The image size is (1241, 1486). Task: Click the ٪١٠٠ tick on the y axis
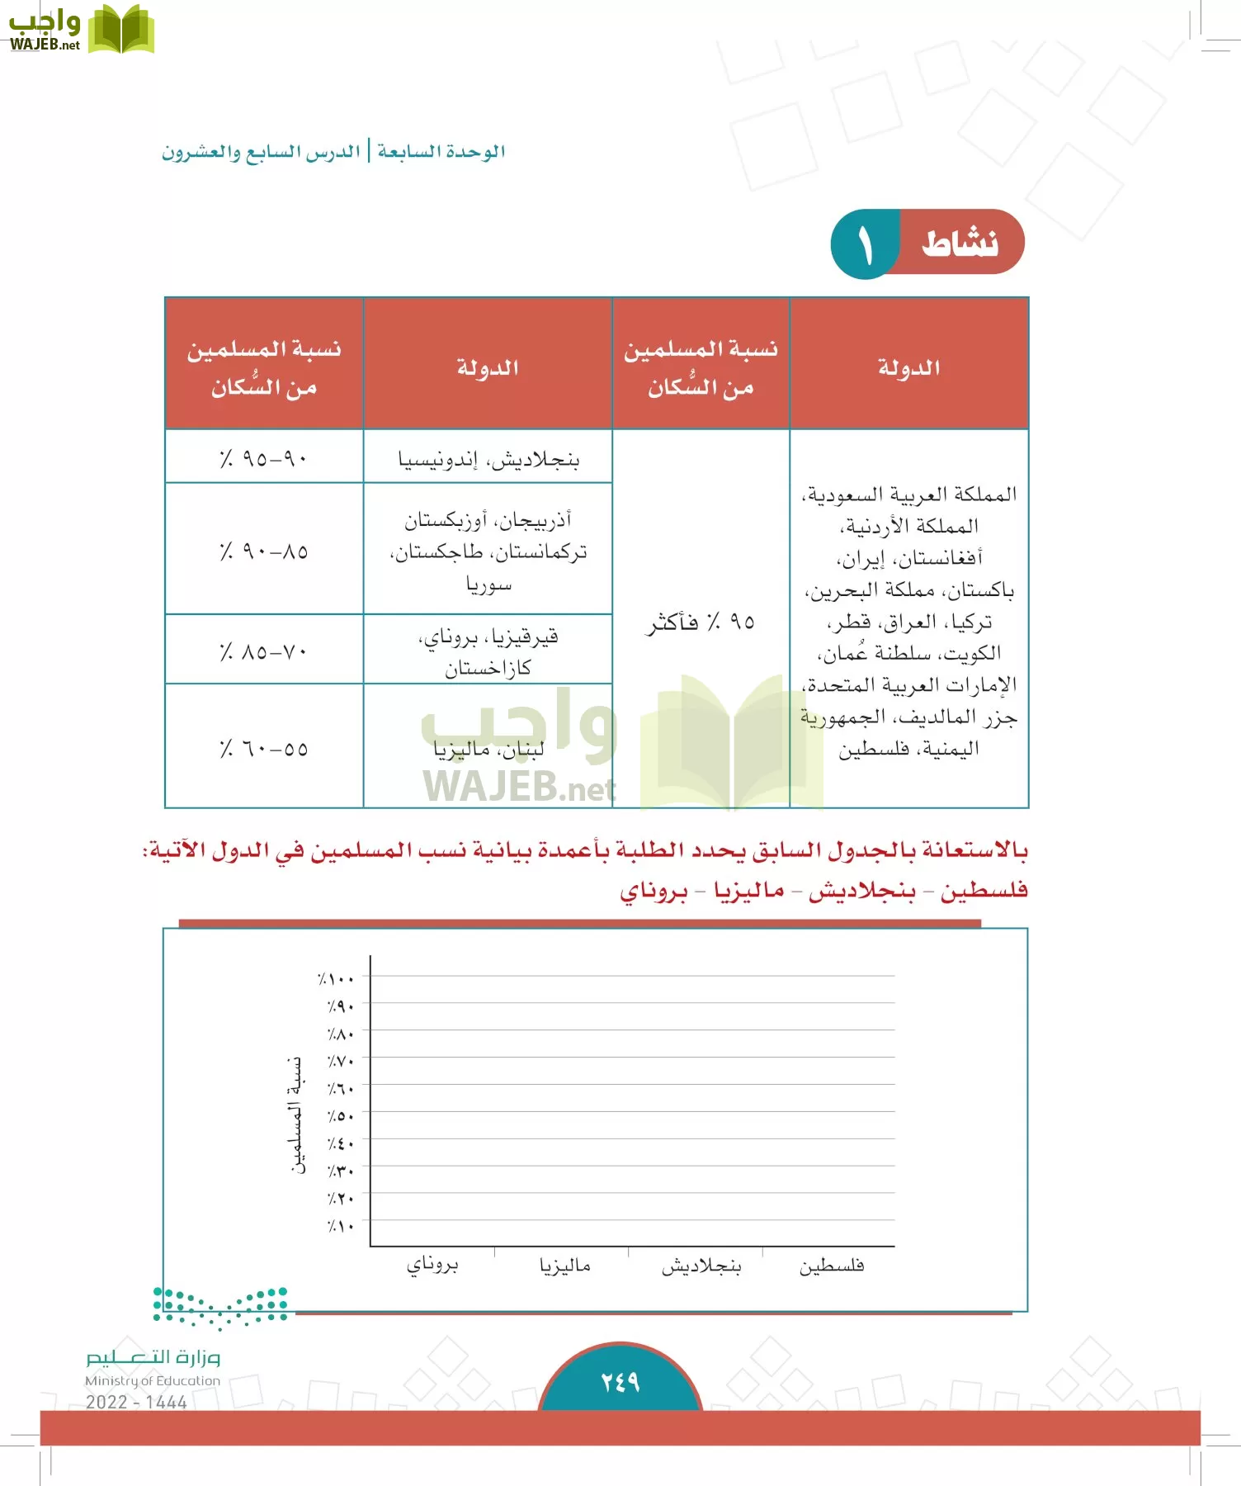337,979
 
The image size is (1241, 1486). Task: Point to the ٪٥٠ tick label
340,1116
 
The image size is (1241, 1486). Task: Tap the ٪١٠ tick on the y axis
340,1226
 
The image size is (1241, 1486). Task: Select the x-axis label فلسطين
831,1266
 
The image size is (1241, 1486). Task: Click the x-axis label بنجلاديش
701,1266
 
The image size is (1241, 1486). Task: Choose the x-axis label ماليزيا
565,1266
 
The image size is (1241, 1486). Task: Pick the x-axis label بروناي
432,1265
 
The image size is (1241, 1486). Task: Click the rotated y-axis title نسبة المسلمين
296,1114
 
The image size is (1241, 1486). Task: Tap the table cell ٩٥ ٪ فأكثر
700,622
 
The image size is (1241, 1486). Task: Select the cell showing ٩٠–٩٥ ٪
264,457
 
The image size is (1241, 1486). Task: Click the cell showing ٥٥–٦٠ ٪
264,749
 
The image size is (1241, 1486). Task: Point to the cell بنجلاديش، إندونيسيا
488,459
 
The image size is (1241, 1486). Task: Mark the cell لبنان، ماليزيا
488,749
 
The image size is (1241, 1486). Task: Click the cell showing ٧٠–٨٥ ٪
264,651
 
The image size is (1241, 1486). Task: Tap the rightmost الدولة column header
908,367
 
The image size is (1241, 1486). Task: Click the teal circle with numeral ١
864,244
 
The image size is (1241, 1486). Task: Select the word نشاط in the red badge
960,244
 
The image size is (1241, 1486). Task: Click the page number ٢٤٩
620,1381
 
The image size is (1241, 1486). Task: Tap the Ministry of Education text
153,1380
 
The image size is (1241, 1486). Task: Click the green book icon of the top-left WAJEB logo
120,30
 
